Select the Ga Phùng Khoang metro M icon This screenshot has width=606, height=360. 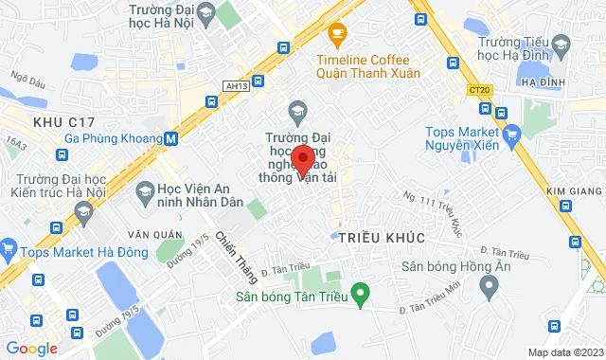coord(170,138)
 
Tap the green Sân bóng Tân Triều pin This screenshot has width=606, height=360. coord(359,293)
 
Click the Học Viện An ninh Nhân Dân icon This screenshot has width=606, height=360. coord(145,194)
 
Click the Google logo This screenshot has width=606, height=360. coord(31,349)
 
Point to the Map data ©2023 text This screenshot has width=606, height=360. coord(563,352)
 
